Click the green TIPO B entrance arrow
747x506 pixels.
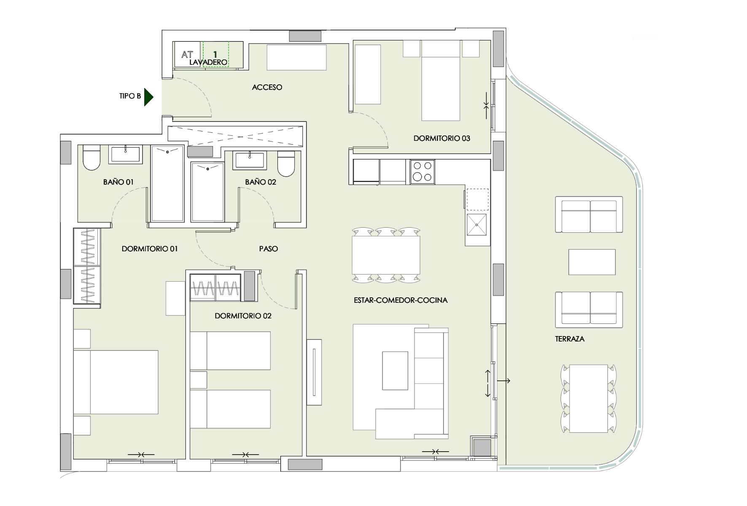(x=148, y=97)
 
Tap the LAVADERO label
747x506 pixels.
(x=208, y=62)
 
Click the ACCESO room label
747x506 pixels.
(x=267, y=87)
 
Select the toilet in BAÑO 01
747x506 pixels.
(x=91, y=157)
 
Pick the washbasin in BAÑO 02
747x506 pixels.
(x=250, y=160)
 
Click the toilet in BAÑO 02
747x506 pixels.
(x=286, y=164)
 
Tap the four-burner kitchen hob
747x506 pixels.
(x=422, y=172)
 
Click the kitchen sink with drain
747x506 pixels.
(x=477, y=225)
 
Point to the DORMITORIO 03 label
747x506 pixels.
(x=441, y=138)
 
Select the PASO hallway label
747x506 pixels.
(x=269, y=249)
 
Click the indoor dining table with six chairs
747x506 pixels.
(x=386, y=255)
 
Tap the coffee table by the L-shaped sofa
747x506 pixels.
(x=395, y=371)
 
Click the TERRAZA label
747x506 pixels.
(x=570, y=339)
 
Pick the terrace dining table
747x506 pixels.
(x=588, y=398)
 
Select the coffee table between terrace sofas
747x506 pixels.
(x=592, y=262)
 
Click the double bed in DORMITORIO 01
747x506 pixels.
(x=116, y=382)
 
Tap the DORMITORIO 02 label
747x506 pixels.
(x=243, y=316)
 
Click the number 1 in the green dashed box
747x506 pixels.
(x=215, y=54)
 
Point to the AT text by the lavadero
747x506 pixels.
(x=187, y=54)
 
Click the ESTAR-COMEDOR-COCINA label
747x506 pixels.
(x=400, y=300)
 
